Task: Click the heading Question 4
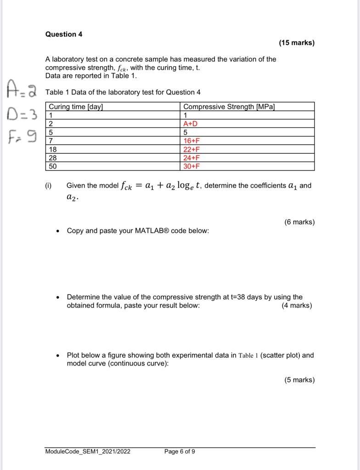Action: [x=64, y=34]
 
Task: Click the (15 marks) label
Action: [x=297, y=43]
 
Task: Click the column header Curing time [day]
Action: [x=76, y=107]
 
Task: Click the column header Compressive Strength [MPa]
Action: [x=229, y=107]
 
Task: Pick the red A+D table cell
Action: [x=190, y=124]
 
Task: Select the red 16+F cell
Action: [x=191, y=141]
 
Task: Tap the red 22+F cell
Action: [x=191, y=150]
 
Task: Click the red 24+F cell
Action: [x=191, y=158]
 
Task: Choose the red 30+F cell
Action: [x=191, y=166]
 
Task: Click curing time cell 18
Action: [x=53, y=150]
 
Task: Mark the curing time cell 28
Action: [x=53, y=158]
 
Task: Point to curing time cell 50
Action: [x=53, y=166]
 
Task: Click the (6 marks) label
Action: [x=299, y=222]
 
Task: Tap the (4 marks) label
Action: [x=297, y=306]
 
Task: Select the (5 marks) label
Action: [x=299, y=380]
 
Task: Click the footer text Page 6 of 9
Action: [x=180, y=452]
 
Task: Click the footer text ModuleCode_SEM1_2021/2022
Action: [x=88, y=452]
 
